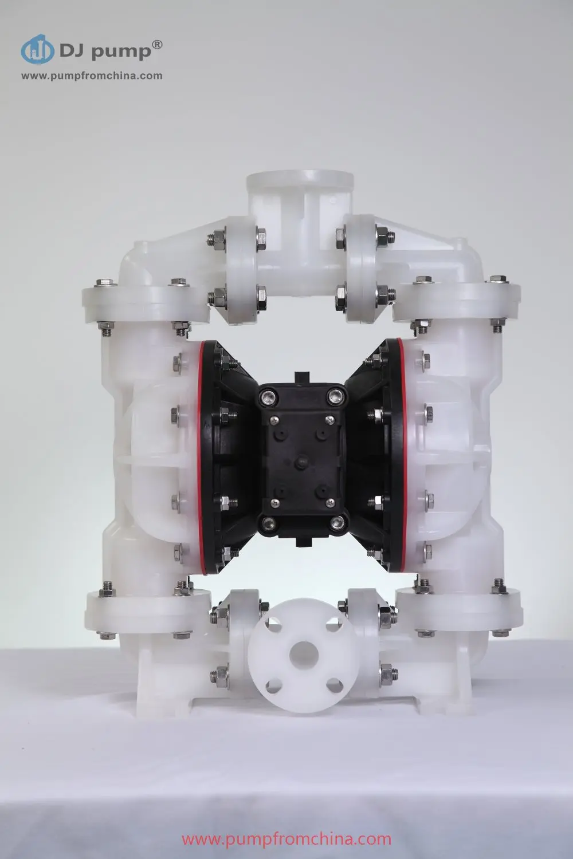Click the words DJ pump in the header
coord(104,52)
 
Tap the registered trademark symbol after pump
coord(159,45)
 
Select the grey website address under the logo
coord(92,76)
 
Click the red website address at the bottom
coord(286,840)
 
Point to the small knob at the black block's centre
coord(300,459)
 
